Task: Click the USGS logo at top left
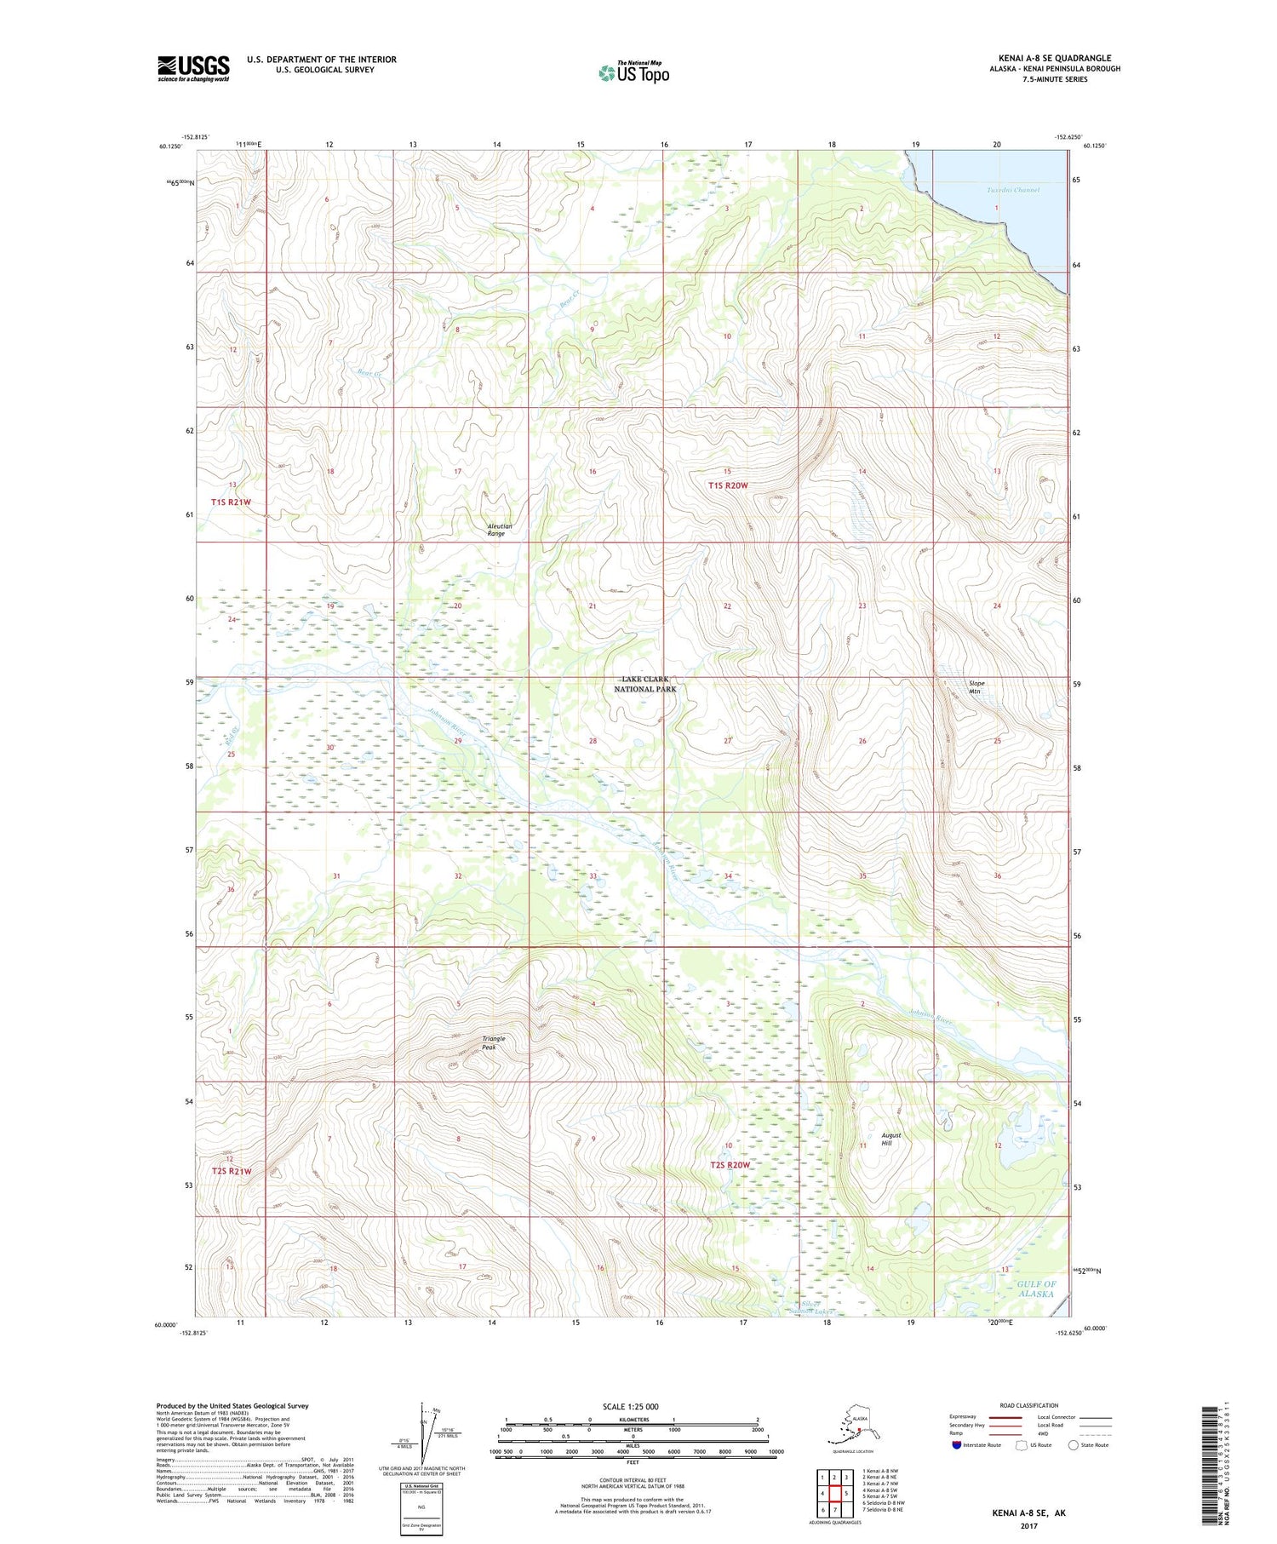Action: pos(193,67)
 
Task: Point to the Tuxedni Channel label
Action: pos(1012,190)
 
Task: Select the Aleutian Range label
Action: pos(500,530)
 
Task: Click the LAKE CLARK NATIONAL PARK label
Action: pos(644,684)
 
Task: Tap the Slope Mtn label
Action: pos(976,687)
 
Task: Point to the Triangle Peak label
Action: pos(494,1042)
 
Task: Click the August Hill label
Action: pos(890,1139)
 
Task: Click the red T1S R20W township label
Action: pos(728,485)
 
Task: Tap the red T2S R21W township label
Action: pos(232,1171)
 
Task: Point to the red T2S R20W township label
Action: pos(730,1164)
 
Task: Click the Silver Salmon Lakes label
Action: pos(807,1308)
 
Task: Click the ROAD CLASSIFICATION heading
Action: pos(1029,1405)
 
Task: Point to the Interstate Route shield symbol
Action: pos(958,1444)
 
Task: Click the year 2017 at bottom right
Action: pos(1028,1514)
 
